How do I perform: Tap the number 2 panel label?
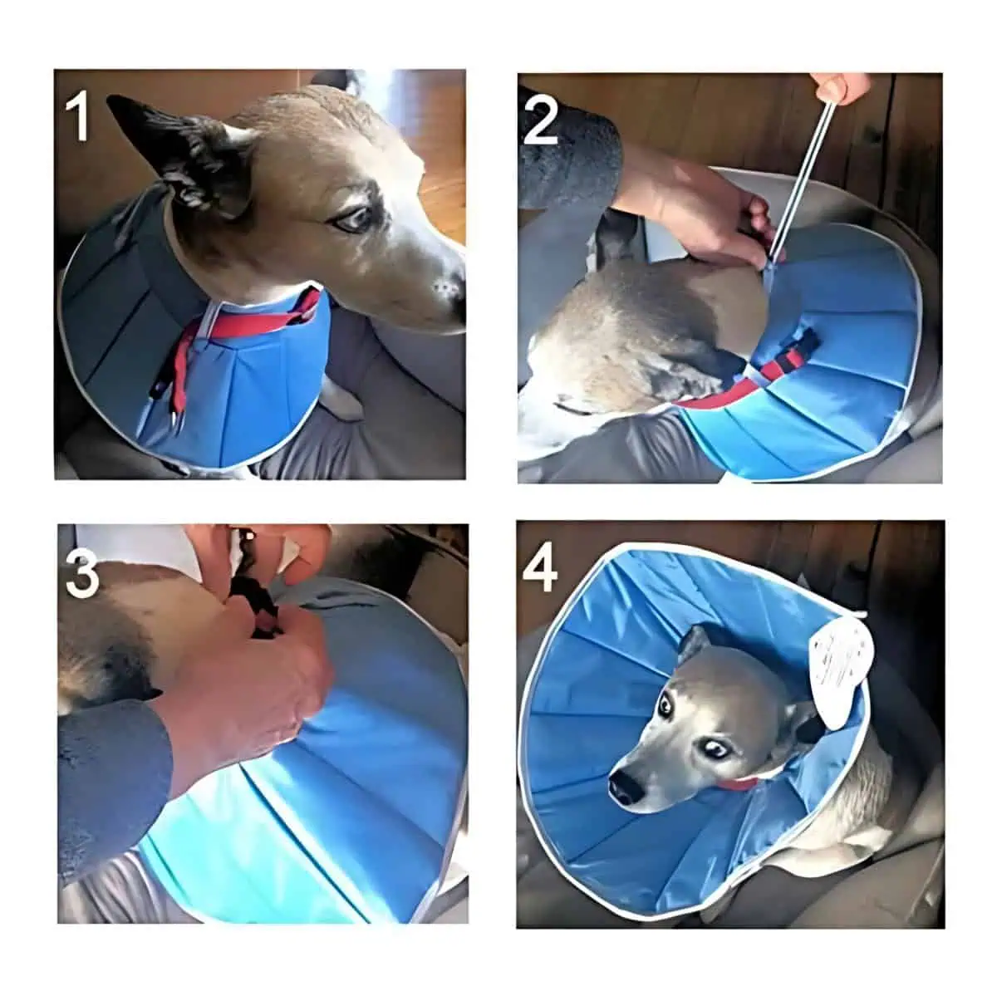click(542, 122)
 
